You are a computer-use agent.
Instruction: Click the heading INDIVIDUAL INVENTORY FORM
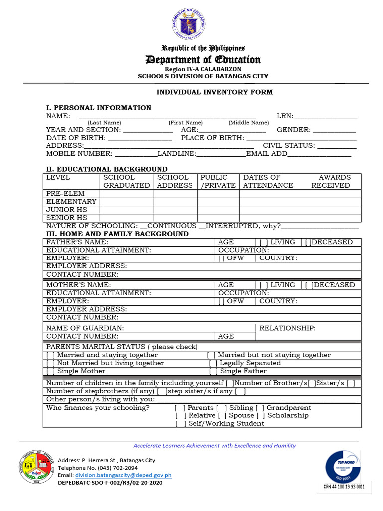coord(214,92)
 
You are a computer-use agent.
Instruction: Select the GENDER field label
coord(294,130)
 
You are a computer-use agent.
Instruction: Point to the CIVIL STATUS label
coord(289,146)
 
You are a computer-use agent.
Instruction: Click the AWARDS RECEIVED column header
coord(331,181)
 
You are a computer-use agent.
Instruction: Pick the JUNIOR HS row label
coord(67,210)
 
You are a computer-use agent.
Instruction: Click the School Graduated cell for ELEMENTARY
coord(127,202)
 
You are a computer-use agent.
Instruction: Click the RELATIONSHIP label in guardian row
coord(287,328)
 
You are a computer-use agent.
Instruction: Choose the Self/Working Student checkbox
coord(181,424)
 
